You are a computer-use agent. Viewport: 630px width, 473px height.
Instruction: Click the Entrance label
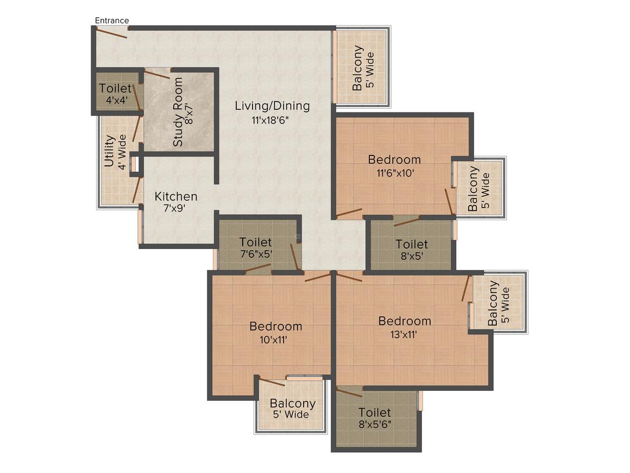click(x=112, y=21)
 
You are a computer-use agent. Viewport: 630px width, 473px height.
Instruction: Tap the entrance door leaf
click(x=111, y=33)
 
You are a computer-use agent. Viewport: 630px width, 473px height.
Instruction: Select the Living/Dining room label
click(x=273, y=106)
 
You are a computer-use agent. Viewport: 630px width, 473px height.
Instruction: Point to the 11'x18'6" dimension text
click(x=270, y=120)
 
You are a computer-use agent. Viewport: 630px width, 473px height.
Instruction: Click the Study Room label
click(x=178, y=112)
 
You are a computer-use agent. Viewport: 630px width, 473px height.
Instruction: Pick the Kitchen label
click(x=176, y=196)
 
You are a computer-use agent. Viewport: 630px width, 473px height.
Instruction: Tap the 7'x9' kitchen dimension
click(x=174, y=208)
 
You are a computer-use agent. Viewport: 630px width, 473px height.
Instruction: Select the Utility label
click(x=109, y=151)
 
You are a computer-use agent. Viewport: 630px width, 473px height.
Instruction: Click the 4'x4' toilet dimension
click(x=117, y=99)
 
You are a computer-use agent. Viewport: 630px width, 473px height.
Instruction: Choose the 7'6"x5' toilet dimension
click(x=256, y=254)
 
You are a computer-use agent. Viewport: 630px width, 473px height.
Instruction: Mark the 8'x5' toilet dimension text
click(x=412, y=256)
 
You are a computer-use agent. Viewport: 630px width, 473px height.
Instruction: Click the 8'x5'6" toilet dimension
click(x=375, y=424)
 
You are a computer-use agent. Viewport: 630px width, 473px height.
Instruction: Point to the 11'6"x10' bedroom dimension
click(x=395, y=173)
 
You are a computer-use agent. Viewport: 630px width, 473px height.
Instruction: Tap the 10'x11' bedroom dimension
click(x=273, y=340)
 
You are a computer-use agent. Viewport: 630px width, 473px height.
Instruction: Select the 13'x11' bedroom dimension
click(x=404, y=335)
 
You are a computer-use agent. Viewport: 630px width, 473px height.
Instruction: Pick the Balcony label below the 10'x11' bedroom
click(x=293, y=403)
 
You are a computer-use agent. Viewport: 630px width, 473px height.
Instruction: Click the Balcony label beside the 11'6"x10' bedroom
click(x=473, y=189)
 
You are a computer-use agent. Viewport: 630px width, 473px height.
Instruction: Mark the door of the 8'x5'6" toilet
click(x=349, y=392)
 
